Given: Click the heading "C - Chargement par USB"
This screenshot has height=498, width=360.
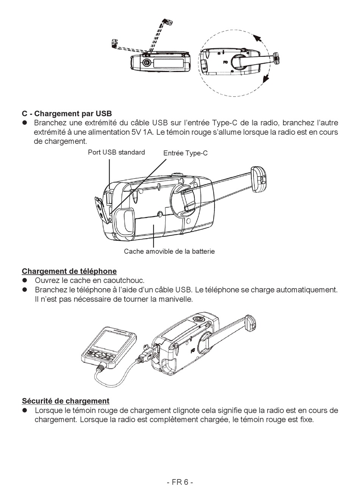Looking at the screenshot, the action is (x=67, y=114).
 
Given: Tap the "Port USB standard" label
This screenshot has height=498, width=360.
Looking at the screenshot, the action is (x=116, y=152).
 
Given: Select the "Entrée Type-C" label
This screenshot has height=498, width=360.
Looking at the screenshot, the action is (x=185, y=153).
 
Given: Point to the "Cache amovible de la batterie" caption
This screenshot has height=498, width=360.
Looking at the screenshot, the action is (x=169, y=251).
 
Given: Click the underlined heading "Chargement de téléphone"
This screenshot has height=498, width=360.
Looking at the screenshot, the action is (x=69, y=271).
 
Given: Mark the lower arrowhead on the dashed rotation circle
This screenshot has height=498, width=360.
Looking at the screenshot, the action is (x=265, y=79).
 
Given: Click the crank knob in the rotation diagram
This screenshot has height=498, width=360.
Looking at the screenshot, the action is (x=276, y=58).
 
